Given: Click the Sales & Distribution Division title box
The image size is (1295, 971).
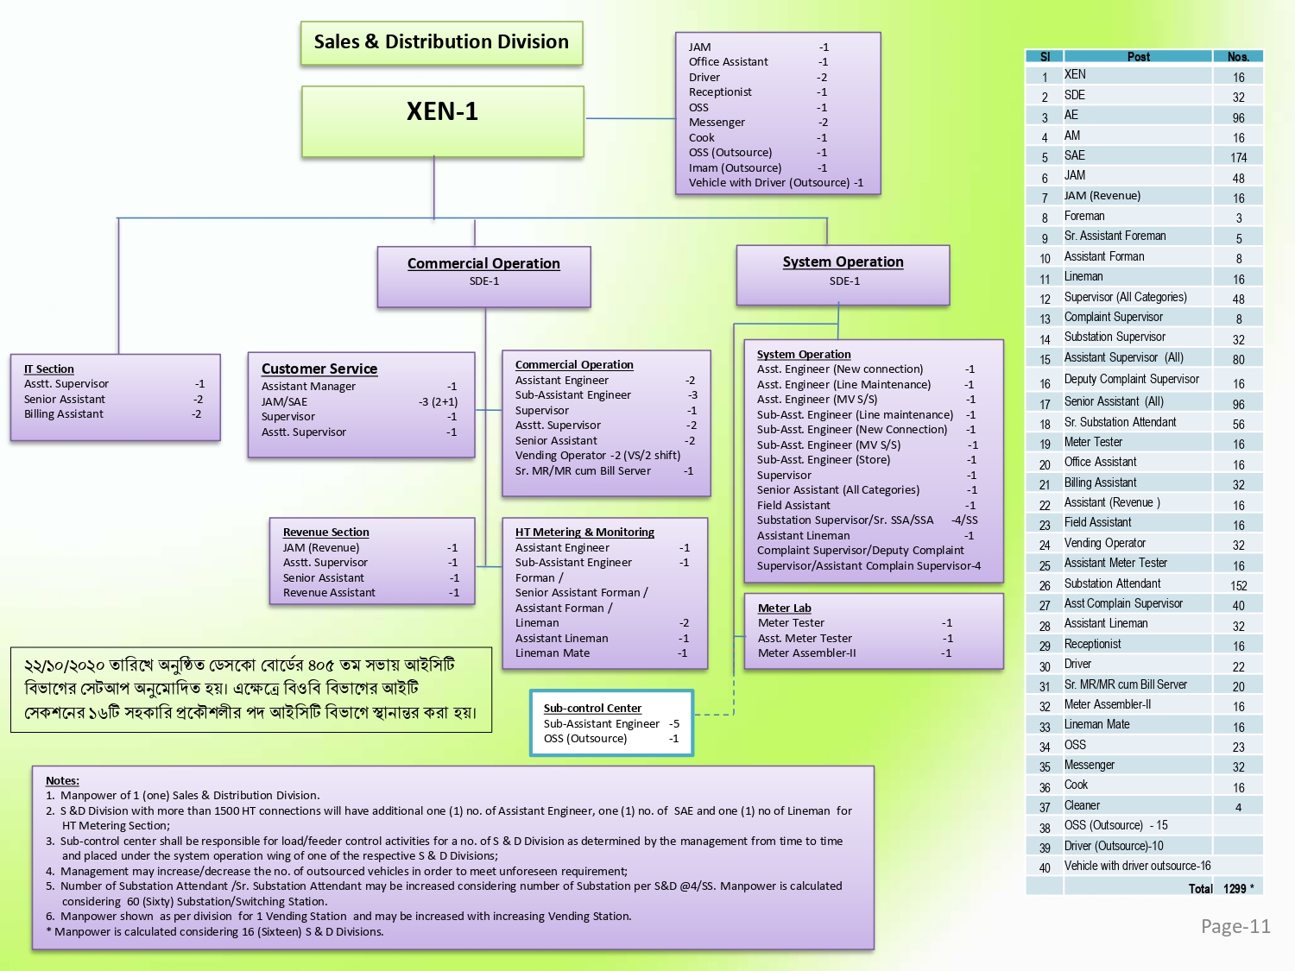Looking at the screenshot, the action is click(441, 43).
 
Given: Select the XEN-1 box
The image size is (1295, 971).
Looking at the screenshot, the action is click(443, 122).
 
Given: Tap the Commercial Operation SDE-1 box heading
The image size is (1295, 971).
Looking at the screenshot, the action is click(483, 263).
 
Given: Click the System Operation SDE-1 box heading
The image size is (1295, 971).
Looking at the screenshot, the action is click(843, 262).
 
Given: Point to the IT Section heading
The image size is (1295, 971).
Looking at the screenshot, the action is click(49, 369).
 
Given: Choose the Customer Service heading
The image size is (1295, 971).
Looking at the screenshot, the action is click(319, 369).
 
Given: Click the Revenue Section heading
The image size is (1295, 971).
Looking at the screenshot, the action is click(325, 532).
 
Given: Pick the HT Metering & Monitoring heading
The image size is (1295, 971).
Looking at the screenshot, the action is click(584, 532).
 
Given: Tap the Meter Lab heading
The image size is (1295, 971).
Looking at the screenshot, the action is click(784, 608).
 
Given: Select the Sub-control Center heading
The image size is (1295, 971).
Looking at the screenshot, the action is click(592, 708).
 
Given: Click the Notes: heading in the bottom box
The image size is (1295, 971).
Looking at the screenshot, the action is click(62, 780).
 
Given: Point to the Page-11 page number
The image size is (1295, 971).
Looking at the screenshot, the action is click(1235, 926).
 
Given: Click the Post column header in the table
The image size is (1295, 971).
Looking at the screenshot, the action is click(1138, 57).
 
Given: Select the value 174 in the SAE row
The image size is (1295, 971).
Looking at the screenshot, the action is click(1238, 157).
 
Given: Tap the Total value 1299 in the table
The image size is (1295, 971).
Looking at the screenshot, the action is click(1235, 888).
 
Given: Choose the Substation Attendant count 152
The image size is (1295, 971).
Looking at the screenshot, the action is click(1238, 585).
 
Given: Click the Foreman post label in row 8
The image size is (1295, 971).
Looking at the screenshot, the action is click(1083, 216).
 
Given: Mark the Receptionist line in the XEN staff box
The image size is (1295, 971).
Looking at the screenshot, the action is click(757, 92).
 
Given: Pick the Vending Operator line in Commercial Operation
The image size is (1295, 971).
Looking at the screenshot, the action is click(597, 455).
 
